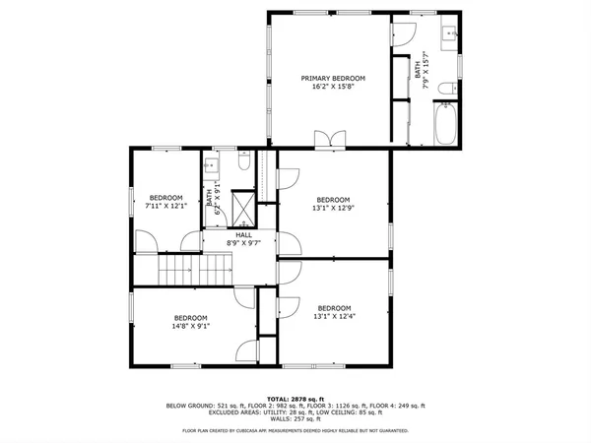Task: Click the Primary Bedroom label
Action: (x=333, y=79)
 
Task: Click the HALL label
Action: (x=243, y=235)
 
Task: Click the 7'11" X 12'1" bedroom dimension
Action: (x=165, y=206)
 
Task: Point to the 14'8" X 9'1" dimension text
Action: (x=190, y=326)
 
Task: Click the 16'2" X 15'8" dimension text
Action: (x=333, y=87)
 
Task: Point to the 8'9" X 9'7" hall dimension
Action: (x=243, y=243)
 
